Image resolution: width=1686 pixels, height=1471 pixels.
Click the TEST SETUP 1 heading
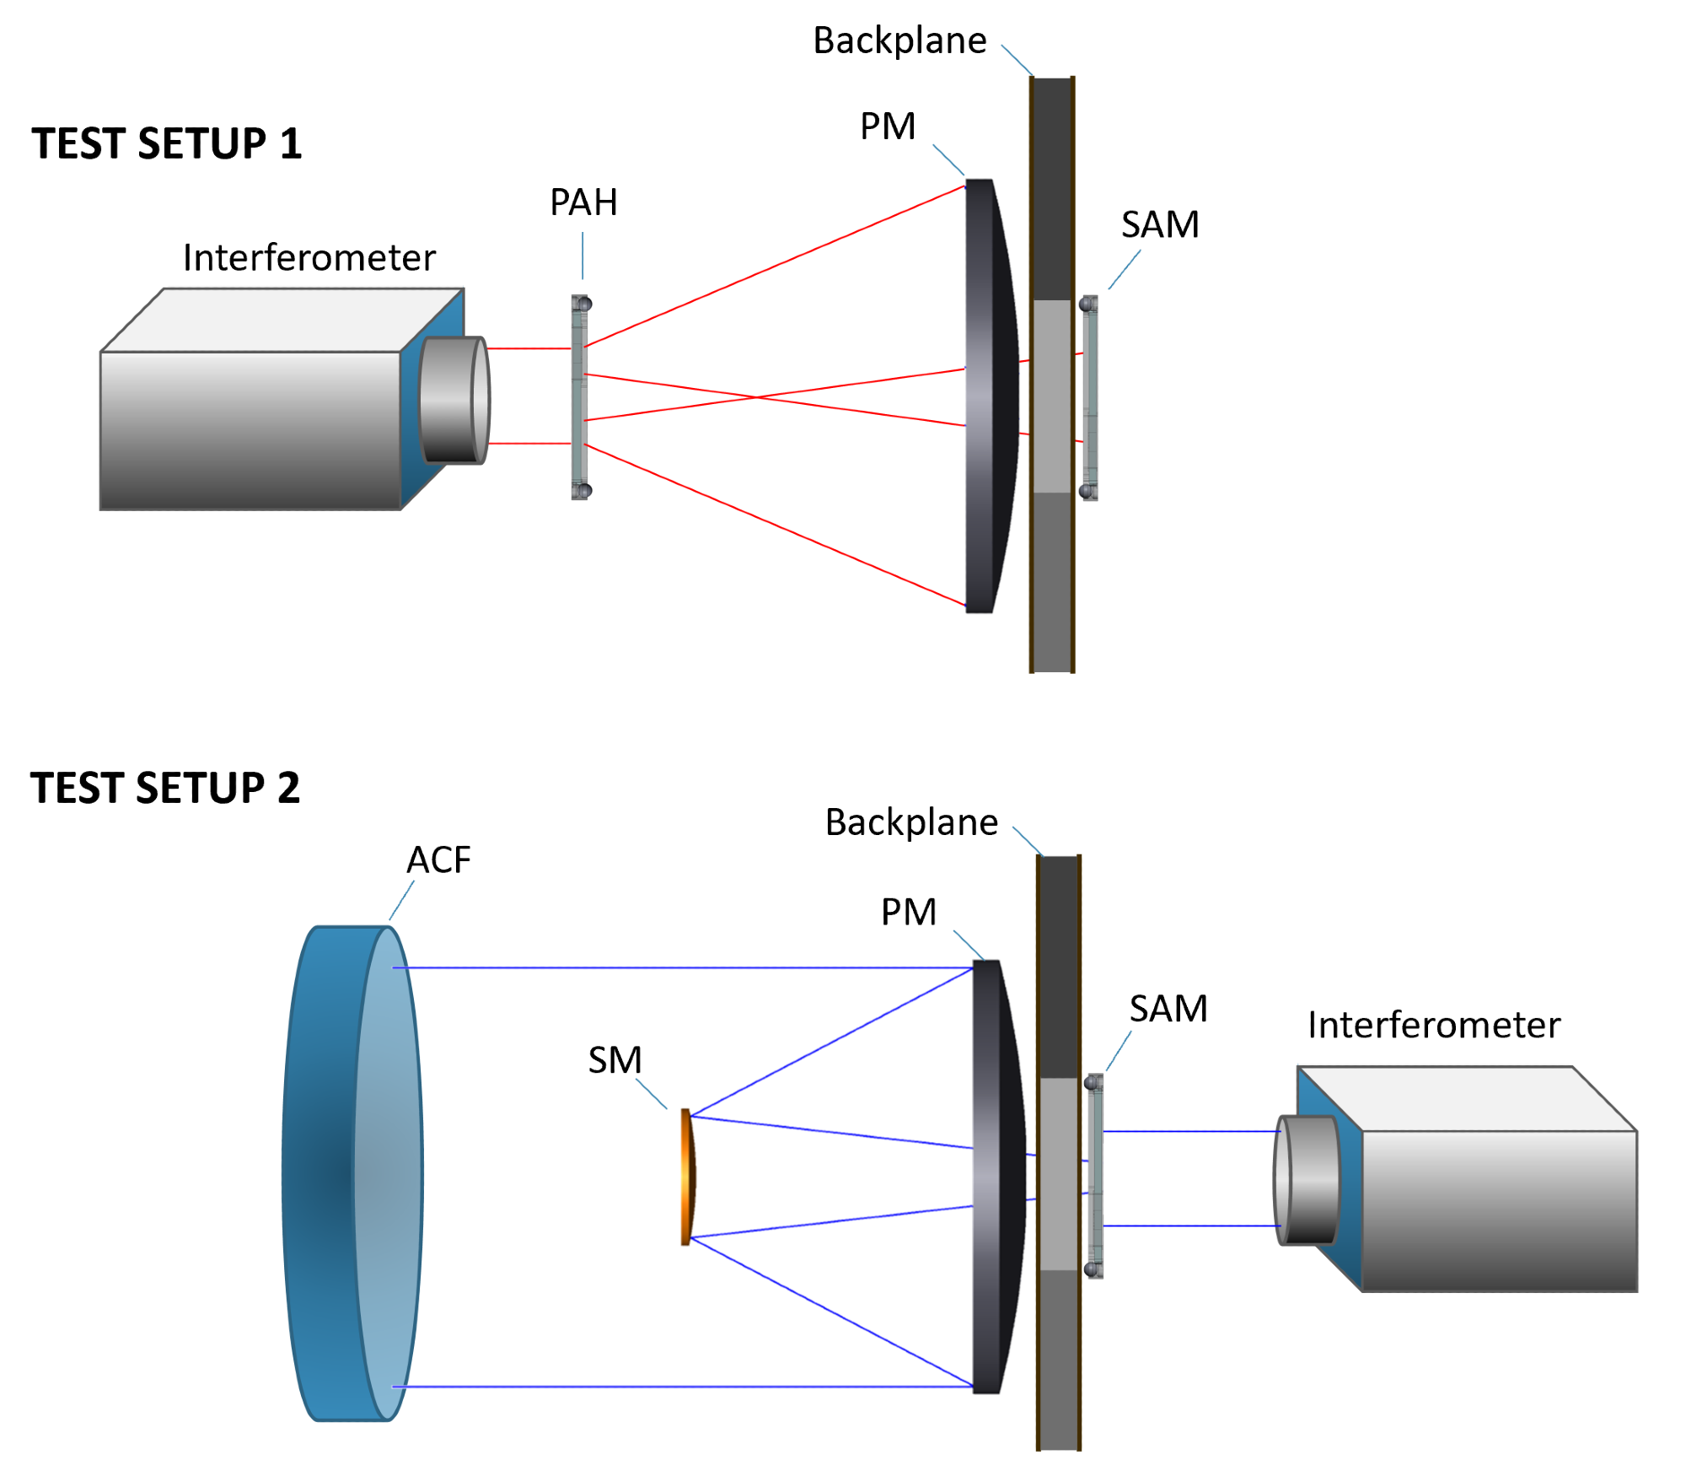167,143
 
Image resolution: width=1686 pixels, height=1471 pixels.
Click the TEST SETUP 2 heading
165,788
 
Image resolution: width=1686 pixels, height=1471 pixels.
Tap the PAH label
583,202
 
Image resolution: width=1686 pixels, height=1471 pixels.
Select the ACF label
438,860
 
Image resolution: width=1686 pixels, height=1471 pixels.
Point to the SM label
615,1060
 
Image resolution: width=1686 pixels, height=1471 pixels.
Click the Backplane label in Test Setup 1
899,40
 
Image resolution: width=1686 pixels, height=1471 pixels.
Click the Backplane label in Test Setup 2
911,822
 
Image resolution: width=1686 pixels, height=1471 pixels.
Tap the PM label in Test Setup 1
888,127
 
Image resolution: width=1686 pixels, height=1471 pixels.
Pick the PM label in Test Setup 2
909,912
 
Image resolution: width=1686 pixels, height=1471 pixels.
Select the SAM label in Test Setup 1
1160,224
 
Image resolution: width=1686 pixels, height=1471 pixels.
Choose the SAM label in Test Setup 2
1168,1009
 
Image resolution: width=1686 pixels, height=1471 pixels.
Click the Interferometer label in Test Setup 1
309,258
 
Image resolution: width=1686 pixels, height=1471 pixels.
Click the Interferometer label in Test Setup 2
1434,1026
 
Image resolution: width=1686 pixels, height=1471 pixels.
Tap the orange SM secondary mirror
688,1177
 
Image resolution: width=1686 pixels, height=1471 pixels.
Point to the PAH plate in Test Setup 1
580,397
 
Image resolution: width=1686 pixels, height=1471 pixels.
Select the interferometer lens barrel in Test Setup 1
454,400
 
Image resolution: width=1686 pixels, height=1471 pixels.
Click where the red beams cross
756,397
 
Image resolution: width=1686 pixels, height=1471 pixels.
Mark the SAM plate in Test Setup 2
1094,1177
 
